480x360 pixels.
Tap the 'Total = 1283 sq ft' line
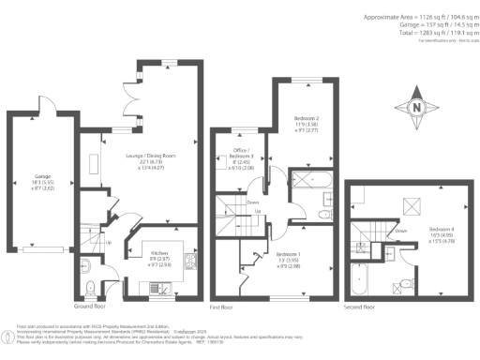coord(419,32)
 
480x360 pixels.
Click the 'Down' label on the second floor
coord(401,230)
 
